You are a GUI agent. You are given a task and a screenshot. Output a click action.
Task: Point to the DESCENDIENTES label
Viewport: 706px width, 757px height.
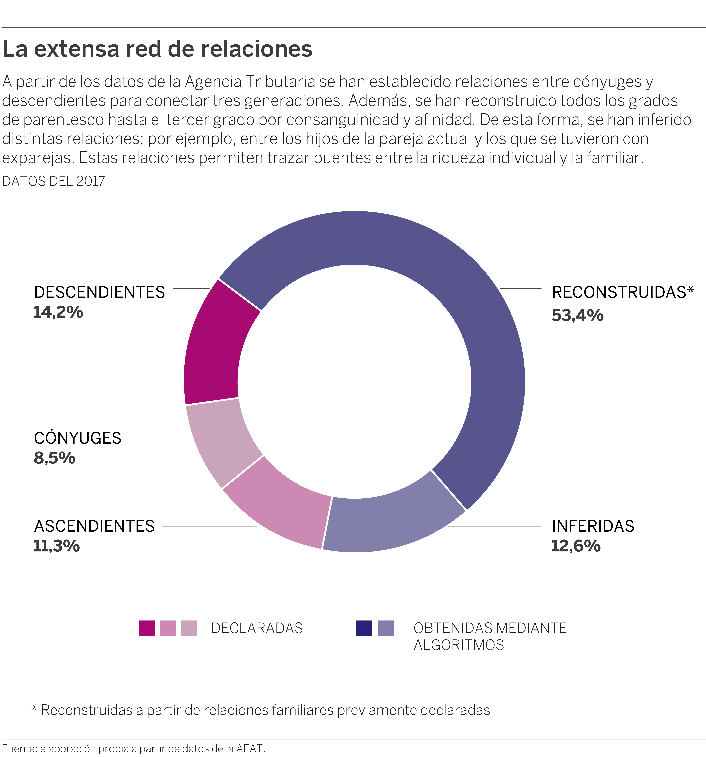pos(99,292)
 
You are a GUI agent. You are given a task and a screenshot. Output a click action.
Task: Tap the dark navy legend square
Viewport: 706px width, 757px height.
pos(364,628)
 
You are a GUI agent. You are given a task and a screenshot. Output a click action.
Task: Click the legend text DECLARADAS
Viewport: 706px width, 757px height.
pos(257,628)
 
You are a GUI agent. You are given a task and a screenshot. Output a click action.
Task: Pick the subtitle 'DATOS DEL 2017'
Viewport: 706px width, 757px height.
pos(54,181)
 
